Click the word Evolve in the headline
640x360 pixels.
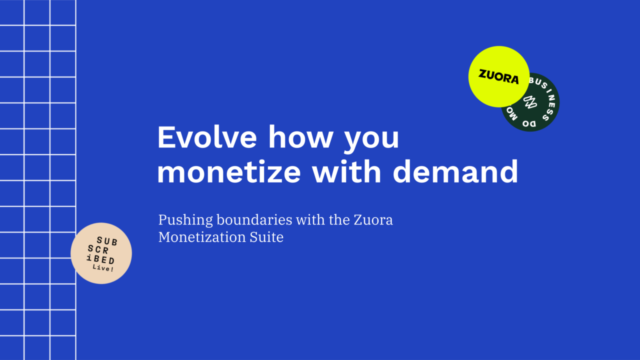coord(207,137)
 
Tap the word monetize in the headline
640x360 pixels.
coord(229,172)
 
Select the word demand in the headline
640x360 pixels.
coord(455,171)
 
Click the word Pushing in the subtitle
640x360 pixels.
coord(185,220)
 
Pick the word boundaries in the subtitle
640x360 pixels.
coord(254,219)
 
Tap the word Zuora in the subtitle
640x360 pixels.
coord(373,220)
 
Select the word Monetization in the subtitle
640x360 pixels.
coord(202,237)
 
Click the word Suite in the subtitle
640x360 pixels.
coord(266,237)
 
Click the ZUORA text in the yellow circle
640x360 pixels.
coord(498,77)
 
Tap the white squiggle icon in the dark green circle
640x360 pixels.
coord(530,102)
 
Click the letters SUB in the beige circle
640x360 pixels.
coord(107,241)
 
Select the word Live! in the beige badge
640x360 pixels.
coord(103,268)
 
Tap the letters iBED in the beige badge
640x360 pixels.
coord(100,259)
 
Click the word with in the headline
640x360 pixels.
coord(346,171)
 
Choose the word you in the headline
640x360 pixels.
coord(371,140)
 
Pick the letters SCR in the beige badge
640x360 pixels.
coord(98,249)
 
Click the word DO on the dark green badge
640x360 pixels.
coord(529,123)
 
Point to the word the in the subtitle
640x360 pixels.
coord(339,219)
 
